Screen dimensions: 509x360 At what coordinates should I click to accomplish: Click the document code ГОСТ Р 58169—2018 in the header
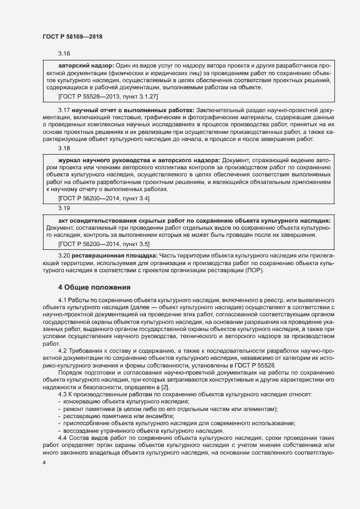pyautogui.click(x=72, y=36)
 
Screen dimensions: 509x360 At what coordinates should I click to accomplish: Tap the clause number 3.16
pyautogui.click(x=64, y=54)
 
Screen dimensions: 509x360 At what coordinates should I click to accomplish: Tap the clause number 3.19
pyautogui.click(x=64, y=207)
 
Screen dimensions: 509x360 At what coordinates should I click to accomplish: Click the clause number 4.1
pyautogui.click(x=62, y=300)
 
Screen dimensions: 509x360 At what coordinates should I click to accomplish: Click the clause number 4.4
pyautogui.click(x=62, y=438)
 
